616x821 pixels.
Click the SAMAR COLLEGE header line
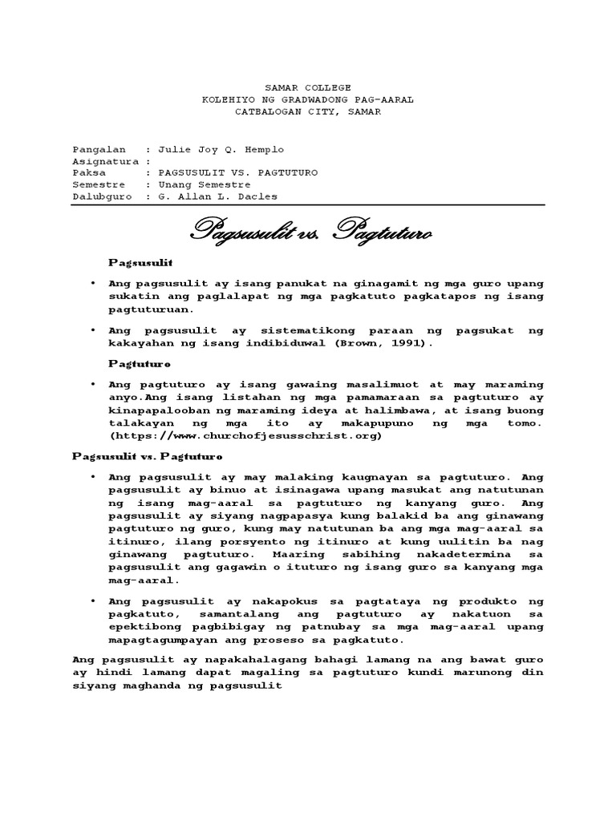(307, 87)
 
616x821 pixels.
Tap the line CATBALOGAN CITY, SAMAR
(307, 112)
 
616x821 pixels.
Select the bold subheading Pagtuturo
(135, 363)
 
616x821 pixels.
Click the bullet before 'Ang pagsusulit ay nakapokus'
(93, 601)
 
